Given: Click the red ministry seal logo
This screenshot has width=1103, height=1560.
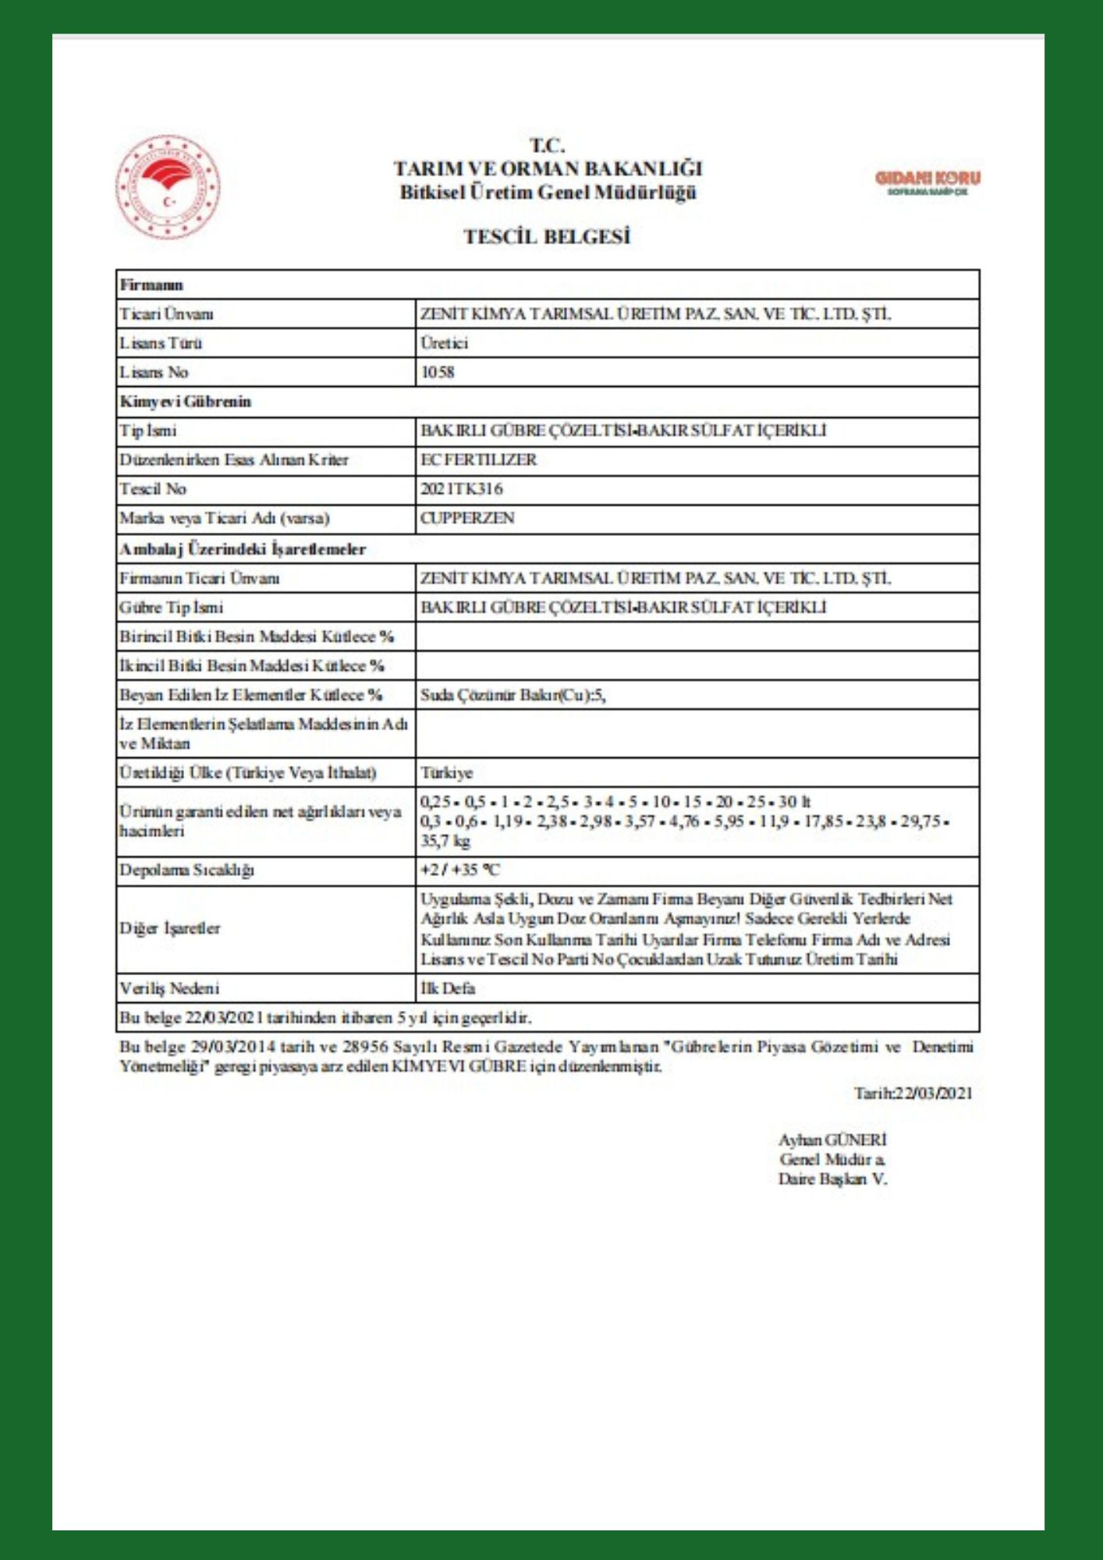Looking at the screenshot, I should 168,187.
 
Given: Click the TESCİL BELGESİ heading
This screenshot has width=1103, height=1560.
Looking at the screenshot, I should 547,236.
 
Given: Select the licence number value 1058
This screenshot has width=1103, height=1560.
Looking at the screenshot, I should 438,372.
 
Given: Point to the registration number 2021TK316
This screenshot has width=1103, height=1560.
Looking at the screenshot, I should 462,489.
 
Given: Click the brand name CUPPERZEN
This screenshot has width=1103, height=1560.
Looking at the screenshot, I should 467,518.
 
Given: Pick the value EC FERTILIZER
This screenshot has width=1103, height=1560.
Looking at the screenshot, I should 478,459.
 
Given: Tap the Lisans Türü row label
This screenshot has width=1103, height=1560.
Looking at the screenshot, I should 161,343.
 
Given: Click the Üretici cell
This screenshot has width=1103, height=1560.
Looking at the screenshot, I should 445,343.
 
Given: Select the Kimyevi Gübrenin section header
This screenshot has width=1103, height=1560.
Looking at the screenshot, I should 185,402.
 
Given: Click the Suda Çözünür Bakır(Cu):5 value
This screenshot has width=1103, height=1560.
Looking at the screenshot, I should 512,695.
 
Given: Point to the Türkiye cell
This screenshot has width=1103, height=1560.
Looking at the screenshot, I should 447,773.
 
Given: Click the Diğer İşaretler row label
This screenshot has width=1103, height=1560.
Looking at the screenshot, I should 170,928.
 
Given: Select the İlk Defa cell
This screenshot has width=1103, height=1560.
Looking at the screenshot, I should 448,988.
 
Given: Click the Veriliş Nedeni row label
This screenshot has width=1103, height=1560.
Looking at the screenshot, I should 169,988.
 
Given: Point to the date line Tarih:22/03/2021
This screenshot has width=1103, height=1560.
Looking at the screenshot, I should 913,1093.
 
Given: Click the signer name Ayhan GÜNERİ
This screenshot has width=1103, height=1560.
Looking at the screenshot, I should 832,1140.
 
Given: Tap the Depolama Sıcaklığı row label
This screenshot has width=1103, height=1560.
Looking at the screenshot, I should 186,870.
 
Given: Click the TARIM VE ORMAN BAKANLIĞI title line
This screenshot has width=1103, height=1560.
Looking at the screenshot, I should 548,168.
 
